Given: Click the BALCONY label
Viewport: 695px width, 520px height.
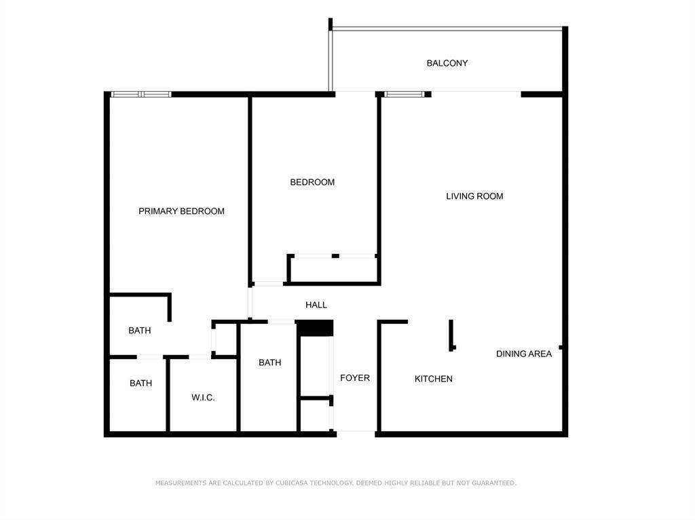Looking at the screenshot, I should point(447,63).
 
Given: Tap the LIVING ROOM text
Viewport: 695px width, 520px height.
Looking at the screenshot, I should point(474,196).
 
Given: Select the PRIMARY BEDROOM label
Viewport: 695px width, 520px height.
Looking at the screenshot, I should point(181,211).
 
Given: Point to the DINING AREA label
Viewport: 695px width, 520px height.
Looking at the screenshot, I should point(523,354).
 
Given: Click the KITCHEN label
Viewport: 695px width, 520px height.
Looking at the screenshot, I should point(433,379).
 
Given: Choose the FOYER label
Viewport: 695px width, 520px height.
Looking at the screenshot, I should point(355,377).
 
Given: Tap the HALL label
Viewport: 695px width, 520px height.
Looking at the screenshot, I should point(316,305).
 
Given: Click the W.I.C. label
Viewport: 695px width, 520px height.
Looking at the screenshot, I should point(203,397).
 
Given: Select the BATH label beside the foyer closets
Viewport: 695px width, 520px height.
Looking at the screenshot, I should point(269,363).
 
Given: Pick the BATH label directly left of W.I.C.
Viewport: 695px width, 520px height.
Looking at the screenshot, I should point(140,383).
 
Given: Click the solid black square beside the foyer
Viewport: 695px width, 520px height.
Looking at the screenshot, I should point(316,328).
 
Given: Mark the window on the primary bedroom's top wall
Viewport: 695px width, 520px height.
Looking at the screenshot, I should point(140,94).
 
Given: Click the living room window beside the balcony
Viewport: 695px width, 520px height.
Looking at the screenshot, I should point(405,94).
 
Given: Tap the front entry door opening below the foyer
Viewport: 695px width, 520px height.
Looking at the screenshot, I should point(356,431).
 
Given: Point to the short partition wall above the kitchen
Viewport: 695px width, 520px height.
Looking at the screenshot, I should point(451,335).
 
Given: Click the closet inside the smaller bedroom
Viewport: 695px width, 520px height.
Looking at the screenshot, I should point(333,269).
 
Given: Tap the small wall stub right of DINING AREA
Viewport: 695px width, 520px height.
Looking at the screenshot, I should point(561,348).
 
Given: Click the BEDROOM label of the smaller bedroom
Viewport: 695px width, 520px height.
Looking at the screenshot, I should point(312,182).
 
